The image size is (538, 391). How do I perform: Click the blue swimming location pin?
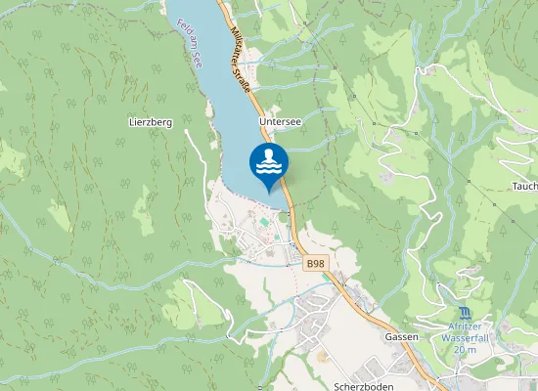click(x=269, y=162)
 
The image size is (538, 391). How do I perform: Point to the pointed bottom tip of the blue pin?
click(x=269, y=191)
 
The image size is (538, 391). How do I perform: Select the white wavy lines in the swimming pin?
click(x=269, y=168)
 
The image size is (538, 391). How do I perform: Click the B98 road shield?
click(x=314, y=264)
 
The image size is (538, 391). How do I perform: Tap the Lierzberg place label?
click(x=150, y=122)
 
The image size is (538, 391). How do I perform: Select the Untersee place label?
click(x=280, y=122)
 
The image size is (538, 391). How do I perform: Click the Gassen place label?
click(x=400, y=336)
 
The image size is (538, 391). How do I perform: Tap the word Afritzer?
click(x=464, y=326)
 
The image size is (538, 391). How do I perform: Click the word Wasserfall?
click(x=464, y=337)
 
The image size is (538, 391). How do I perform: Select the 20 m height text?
click(x=464, y=349)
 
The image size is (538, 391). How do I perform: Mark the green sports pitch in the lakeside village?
click(x=263, y=222)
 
